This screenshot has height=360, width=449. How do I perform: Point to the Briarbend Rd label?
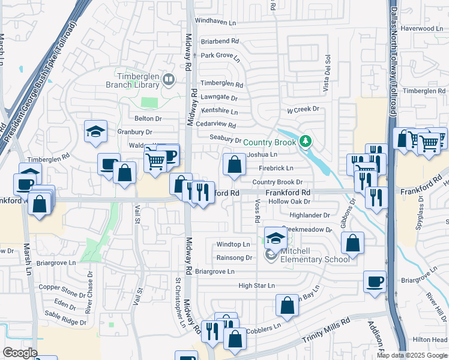pyautogui.click(x=220, y=41)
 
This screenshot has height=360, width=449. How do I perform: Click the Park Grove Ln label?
pyautogui.click(x=220, y=56)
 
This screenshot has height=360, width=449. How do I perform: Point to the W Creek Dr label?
pyautogui.click(x=303, y=110)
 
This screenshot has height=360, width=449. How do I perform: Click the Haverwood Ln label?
pyautogui.click(x=421, y=28)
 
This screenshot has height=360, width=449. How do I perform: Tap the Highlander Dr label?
pyautogui.click(x=310, y=215)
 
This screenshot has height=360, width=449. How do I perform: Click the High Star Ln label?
pyautogui.click(x=256, y=286)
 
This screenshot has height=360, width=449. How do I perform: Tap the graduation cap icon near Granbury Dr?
pyautogui.click(x=95, y=131)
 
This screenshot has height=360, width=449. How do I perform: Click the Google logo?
pyautogui.click(x=20, y=353)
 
